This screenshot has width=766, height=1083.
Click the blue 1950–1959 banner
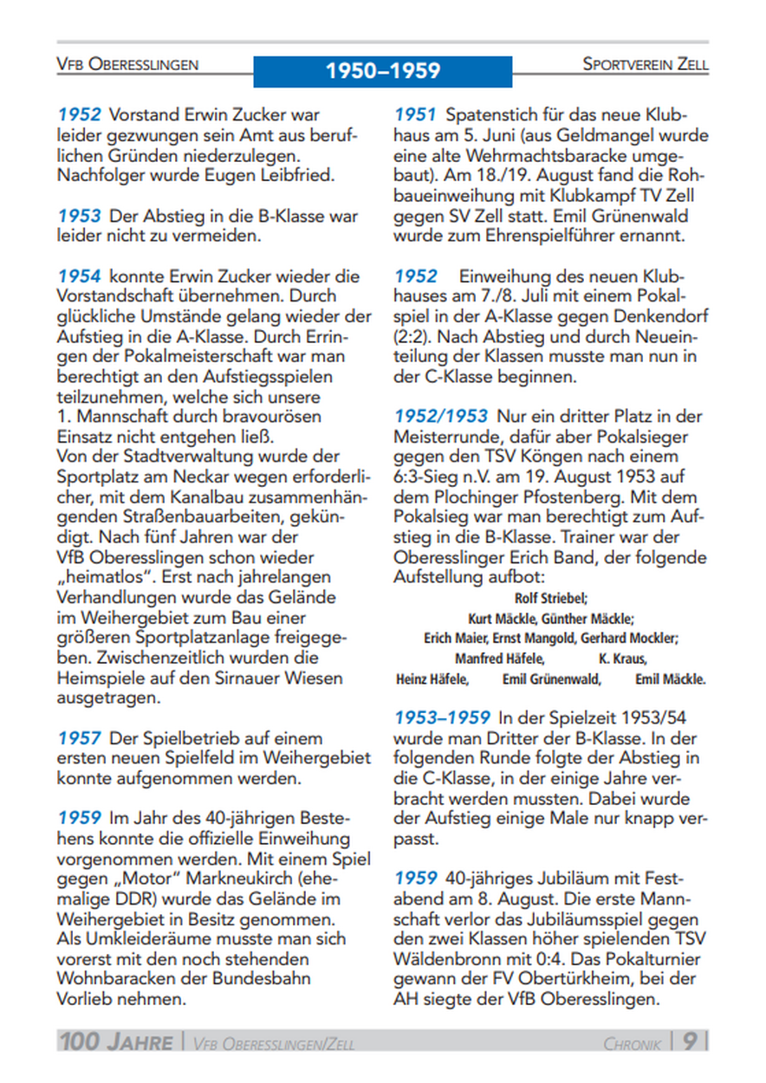[382, 71]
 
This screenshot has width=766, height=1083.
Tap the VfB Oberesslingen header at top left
[127, 64]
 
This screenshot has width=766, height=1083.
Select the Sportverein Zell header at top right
[645, 64]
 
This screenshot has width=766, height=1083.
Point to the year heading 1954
[80, 277]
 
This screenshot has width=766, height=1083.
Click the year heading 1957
[80, 738]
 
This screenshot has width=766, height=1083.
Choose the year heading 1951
[416, 114]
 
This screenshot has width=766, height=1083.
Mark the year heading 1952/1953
[441, 417]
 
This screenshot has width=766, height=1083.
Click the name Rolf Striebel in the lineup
[551, 599]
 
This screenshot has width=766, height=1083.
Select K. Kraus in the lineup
[622, 659]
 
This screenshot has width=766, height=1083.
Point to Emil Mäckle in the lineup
[670, 679]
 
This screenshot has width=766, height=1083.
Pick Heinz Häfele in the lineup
[432, 679]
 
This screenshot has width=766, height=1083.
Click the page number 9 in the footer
[690, 1040]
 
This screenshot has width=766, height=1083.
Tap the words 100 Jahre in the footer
[116, 1041]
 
